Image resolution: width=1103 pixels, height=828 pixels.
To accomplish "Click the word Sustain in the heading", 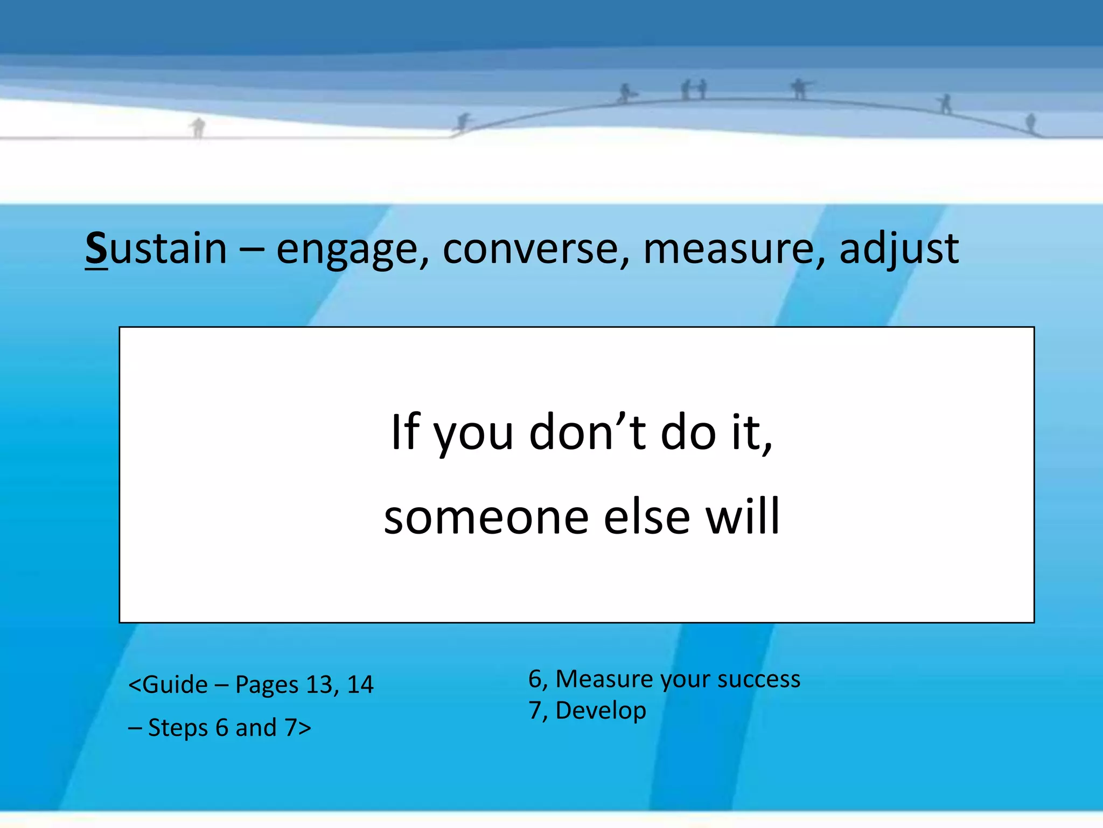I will (x=156, y=249).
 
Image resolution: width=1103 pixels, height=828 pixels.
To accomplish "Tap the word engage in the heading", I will (x=347, y=250).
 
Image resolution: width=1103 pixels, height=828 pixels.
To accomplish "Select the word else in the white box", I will (x=647, y=517).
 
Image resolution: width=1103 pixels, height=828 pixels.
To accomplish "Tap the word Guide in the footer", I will (x=175, y=685).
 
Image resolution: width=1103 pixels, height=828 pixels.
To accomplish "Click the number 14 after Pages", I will (x=360, y=685).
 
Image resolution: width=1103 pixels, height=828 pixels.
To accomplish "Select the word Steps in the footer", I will (x=178, y=728).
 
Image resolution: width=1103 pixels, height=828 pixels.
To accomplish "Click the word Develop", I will (x=600, y=711).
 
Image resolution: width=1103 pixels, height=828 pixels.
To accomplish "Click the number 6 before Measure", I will (x=535, y=679).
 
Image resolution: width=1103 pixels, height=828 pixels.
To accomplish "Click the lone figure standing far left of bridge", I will (x=198, y=128).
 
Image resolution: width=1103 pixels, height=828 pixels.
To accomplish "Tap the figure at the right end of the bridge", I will (x=1030, y=122).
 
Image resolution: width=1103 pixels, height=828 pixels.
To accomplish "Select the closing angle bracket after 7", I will (x=305, y=728).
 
